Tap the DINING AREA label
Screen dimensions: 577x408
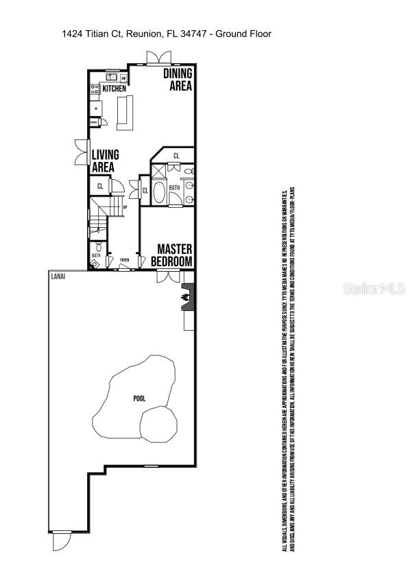(177, 80)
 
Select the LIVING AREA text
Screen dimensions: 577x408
(105, 161)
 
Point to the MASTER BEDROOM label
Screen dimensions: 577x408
(175, 255)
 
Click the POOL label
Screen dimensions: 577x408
(139, 398)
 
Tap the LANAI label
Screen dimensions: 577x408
(58, 276)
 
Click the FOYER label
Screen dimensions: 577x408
(124, 261)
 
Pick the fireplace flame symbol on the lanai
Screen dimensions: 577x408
(184, 297)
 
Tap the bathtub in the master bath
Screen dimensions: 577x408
(159, 192)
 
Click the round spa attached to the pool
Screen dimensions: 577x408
(158, 424)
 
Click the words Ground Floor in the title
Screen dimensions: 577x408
(243, 34)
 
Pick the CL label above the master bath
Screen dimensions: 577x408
(176, 156)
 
